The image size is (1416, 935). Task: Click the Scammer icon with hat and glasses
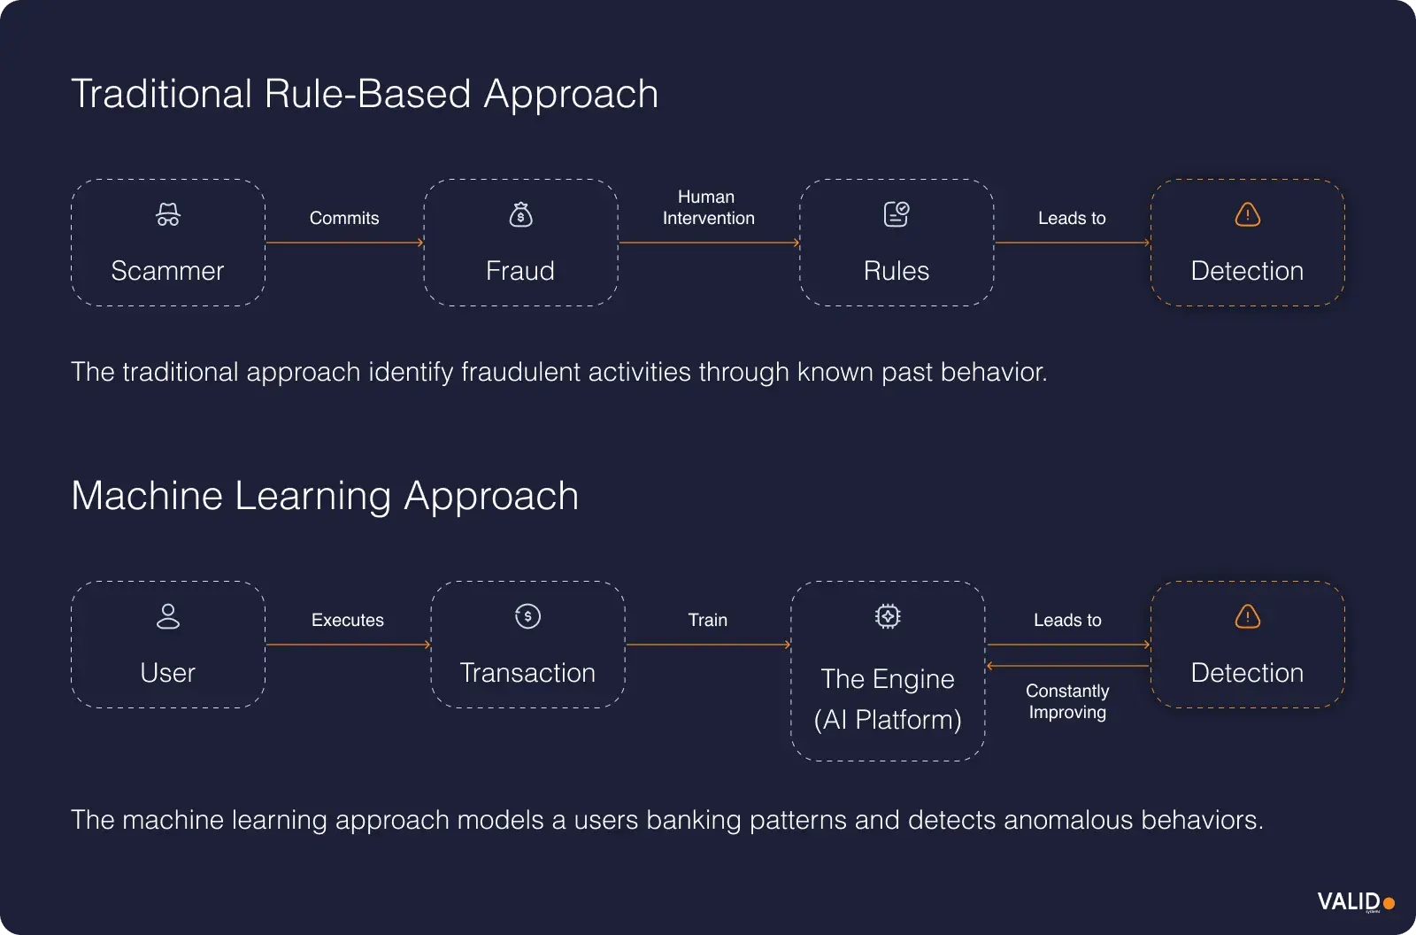(168, 215)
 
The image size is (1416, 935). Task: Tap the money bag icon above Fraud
(520, 215)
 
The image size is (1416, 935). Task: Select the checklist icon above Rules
(897, 214)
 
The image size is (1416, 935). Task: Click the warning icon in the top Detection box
(1247, 214)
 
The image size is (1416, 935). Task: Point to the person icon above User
(168, 616)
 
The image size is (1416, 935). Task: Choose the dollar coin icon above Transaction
(527, 616)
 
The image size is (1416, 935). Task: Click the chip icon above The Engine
(888, 616)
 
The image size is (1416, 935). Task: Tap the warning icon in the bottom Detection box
(1247, 616)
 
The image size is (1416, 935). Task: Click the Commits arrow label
(344, 218)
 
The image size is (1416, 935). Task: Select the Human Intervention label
(708, 207)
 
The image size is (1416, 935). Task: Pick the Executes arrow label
(348, 620)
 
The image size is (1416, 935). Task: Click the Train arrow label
(708, 620)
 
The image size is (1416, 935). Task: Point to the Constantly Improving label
(1067, 701)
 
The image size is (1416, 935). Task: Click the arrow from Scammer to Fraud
(344, 242)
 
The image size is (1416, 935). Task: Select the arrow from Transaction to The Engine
(708, 645)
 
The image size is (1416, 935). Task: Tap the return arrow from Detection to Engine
(1067, 666)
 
